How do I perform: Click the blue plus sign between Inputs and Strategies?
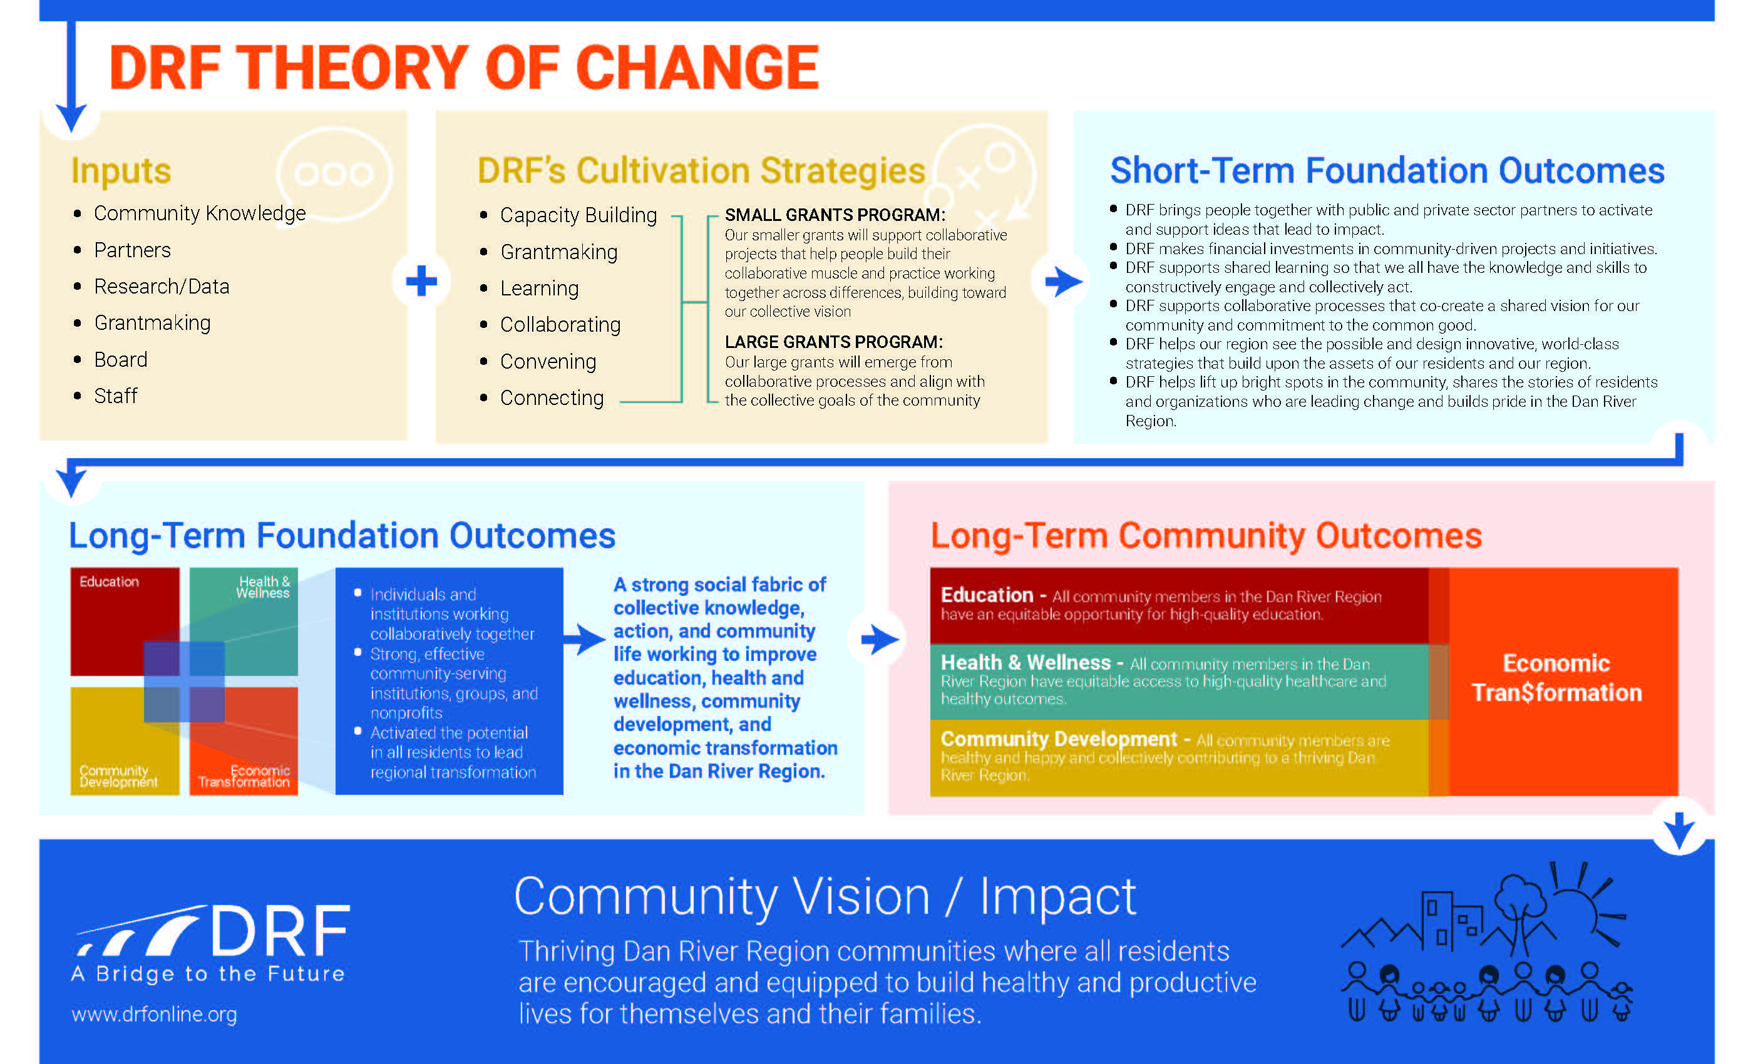[x=421, y=281]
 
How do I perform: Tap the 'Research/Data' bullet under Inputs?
[x=162, y=287]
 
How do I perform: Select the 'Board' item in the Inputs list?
[x=121, y=360]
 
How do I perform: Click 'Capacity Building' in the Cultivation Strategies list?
[x=578, y=215]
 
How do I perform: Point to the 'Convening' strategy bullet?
[x=548, y=362]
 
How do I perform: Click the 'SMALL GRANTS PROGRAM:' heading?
[x=835, y=215]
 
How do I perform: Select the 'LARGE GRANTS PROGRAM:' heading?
[x=834, y=342]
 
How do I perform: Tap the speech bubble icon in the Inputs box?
[x=334, y=173]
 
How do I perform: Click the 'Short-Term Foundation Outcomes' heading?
[x=1387, y=171]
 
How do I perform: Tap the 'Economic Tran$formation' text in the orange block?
[x=1556, y=678]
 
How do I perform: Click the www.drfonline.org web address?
[x=155, y=1014]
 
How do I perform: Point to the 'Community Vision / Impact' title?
[x=825, y=898]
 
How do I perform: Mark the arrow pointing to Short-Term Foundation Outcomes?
[x=1064, y=282]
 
